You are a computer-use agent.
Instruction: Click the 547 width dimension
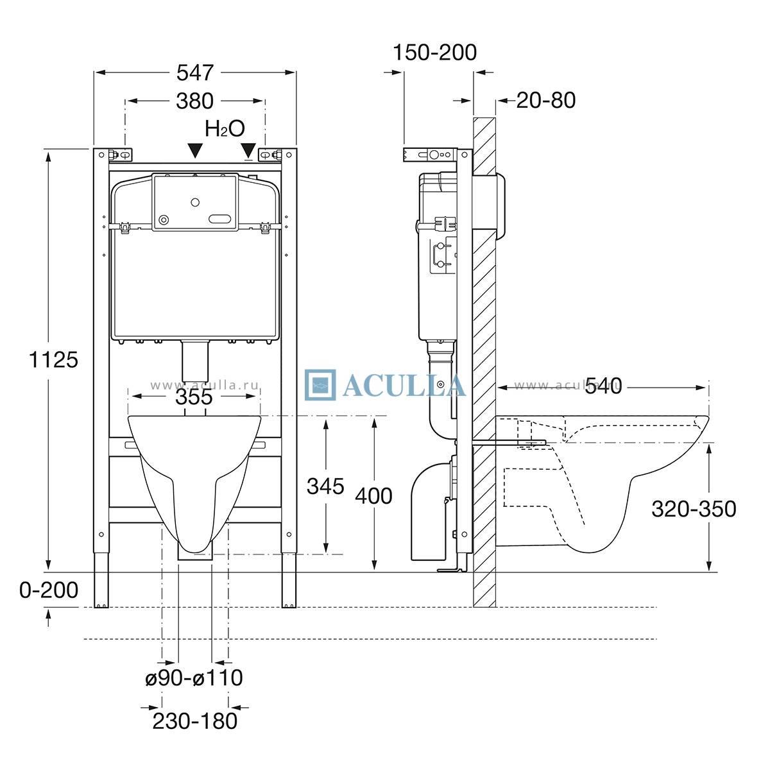pos(195,73)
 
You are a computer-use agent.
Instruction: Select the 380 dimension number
pos(194,101)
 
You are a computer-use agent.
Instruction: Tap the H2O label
pos(225,129)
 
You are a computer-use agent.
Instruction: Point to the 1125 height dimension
pos(53,359)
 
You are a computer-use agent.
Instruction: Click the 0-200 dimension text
pos(49,590)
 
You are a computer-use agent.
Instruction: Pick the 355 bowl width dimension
pos(194,397)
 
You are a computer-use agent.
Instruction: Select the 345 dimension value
pos(325,486)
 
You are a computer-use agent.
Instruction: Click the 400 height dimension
pos(373,496)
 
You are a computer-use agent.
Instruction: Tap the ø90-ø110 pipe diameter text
pos(194,678)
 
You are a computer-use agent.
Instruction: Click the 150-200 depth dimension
pos(435,53)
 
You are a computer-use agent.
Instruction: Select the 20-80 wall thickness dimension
pos(546,100)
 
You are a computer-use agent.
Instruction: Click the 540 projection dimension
pos(603,386)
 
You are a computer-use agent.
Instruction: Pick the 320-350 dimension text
pos(694,509)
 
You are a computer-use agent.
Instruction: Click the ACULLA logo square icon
pos(320,385)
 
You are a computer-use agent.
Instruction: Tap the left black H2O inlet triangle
pos(195,151)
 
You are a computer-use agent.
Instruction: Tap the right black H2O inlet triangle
pos(248,150)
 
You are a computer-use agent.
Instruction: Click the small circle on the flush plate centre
pos(195,202)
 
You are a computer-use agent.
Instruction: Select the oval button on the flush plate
pos(220,219)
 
